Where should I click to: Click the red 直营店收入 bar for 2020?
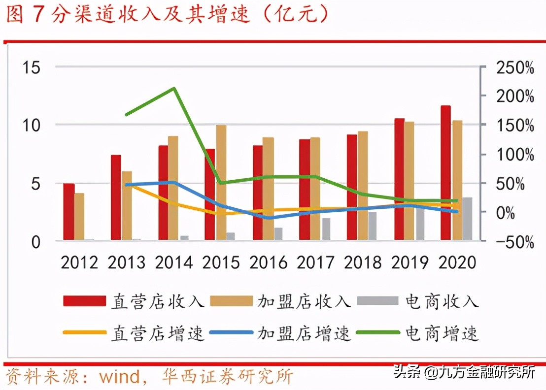coord(445,172)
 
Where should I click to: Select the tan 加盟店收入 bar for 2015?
coord(221,182)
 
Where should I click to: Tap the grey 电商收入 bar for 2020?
coord(467,219)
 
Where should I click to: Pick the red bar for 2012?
coord(69,212)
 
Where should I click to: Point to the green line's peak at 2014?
coord(174,89)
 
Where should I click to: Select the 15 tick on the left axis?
coord(31,67)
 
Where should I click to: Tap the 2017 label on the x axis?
coord(315,262)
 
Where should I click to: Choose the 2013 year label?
coord(126,262)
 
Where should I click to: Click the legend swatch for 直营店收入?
coord(85,301)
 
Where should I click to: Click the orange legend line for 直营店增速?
coord(85,333)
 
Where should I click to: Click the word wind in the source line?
coord(120,377)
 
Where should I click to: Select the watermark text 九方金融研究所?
coord(486,373)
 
